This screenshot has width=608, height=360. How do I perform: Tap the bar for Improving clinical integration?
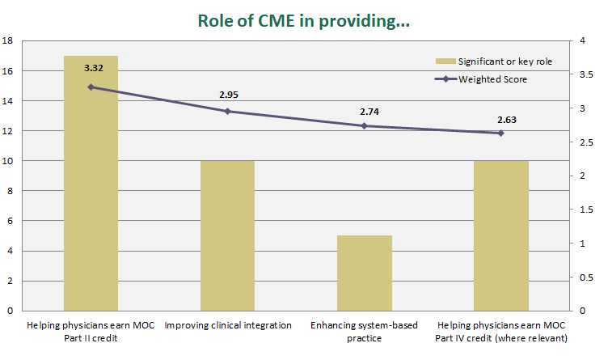(x=227, y=235)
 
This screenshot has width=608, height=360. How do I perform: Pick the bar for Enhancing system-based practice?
(x=364, y=272)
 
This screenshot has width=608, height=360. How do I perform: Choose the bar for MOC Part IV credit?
(x=500, y=235)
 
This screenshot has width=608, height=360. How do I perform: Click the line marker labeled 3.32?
(x=91, y=87)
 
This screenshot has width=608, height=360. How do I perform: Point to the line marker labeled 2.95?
(x=227, y=111)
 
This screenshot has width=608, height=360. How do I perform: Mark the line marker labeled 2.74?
(x=364, y=125)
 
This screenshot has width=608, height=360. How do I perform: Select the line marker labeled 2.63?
(x=500, y=133)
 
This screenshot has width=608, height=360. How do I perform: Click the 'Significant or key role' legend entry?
(x=493, y=61)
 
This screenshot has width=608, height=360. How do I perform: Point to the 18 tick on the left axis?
(x=7, y=40)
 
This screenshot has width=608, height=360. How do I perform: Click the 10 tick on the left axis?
(x=7, y=160)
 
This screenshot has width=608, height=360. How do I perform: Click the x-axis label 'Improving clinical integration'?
(x=227, y=325)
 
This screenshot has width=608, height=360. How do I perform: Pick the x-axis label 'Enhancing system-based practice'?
(x=364, y=331)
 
